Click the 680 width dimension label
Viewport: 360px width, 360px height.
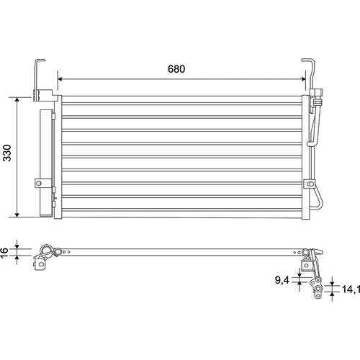[176, 69]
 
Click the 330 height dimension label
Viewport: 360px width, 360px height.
[7, 153]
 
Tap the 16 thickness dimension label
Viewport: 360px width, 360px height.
[4, 253]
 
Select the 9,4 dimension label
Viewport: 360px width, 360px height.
[282, 280]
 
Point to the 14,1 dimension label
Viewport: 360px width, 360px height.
[351, 289]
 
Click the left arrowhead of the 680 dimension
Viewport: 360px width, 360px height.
[60, 79]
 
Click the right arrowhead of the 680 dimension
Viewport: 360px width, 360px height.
[303, 79]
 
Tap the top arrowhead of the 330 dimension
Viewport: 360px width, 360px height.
[17, 100]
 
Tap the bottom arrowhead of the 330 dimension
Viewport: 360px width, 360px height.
[17, 215]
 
